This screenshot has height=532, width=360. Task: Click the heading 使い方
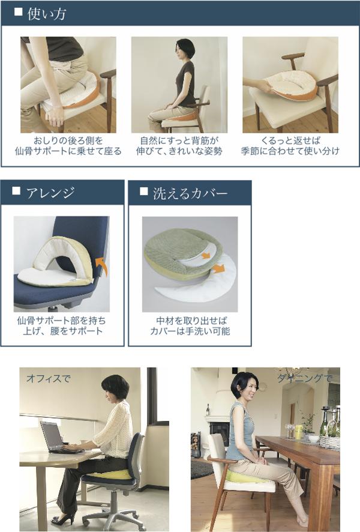pos(46,14)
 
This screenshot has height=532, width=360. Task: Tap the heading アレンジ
pos(50,193)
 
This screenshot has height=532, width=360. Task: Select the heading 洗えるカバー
pos(190,193)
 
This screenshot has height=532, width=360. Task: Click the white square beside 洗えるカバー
pos(144,192)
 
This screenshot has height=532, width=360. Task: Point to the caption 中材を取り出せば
pos(191,321)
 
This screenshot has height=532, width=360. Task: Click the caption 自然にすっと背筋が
pos(179,141)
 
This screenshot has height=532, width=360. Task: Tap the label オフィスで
pos(48,378)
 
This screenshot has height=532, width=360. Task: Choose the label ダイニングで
pos(305,378)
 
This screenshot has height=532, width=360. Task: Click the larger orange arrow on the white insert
pos(219,268)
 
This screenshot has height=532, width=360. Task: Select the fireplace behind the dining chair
pos(218,431)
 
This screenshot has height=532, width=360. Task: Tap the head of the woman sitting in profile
pos(185,49)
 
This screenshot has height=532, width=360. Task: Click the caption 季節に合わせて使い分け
pos(290,151)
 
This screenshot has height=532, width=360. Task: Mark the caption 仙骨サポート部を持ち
pos(62,321)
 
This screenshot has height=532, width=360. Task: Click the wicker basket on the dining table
pos(329,442)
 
